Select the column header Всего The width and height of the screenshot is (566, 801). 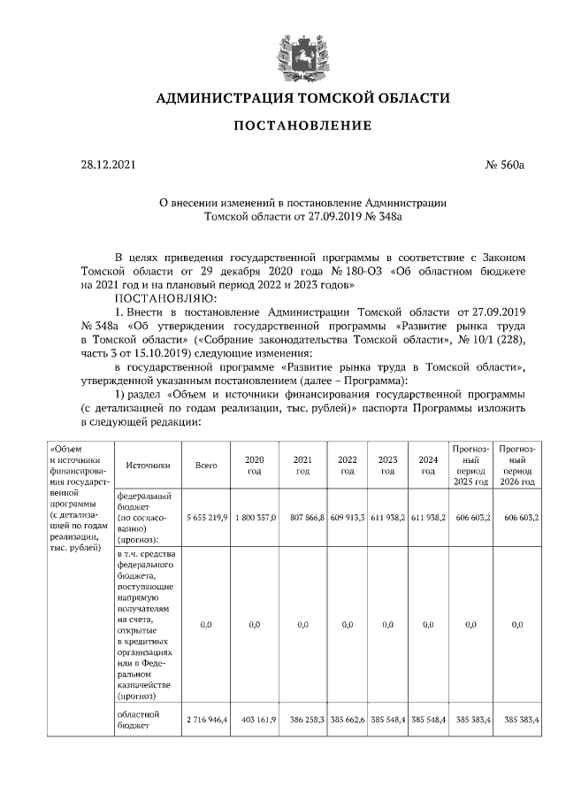point(206,465)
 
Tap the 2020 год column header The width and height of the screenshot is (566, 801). point(255,465)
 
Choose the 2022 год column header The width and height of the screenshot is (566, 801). point(347,465)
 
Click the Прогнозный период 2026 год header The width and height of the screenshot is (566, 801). point(516,465)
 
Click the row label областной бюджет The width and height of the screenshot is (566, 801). point(138,719)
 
